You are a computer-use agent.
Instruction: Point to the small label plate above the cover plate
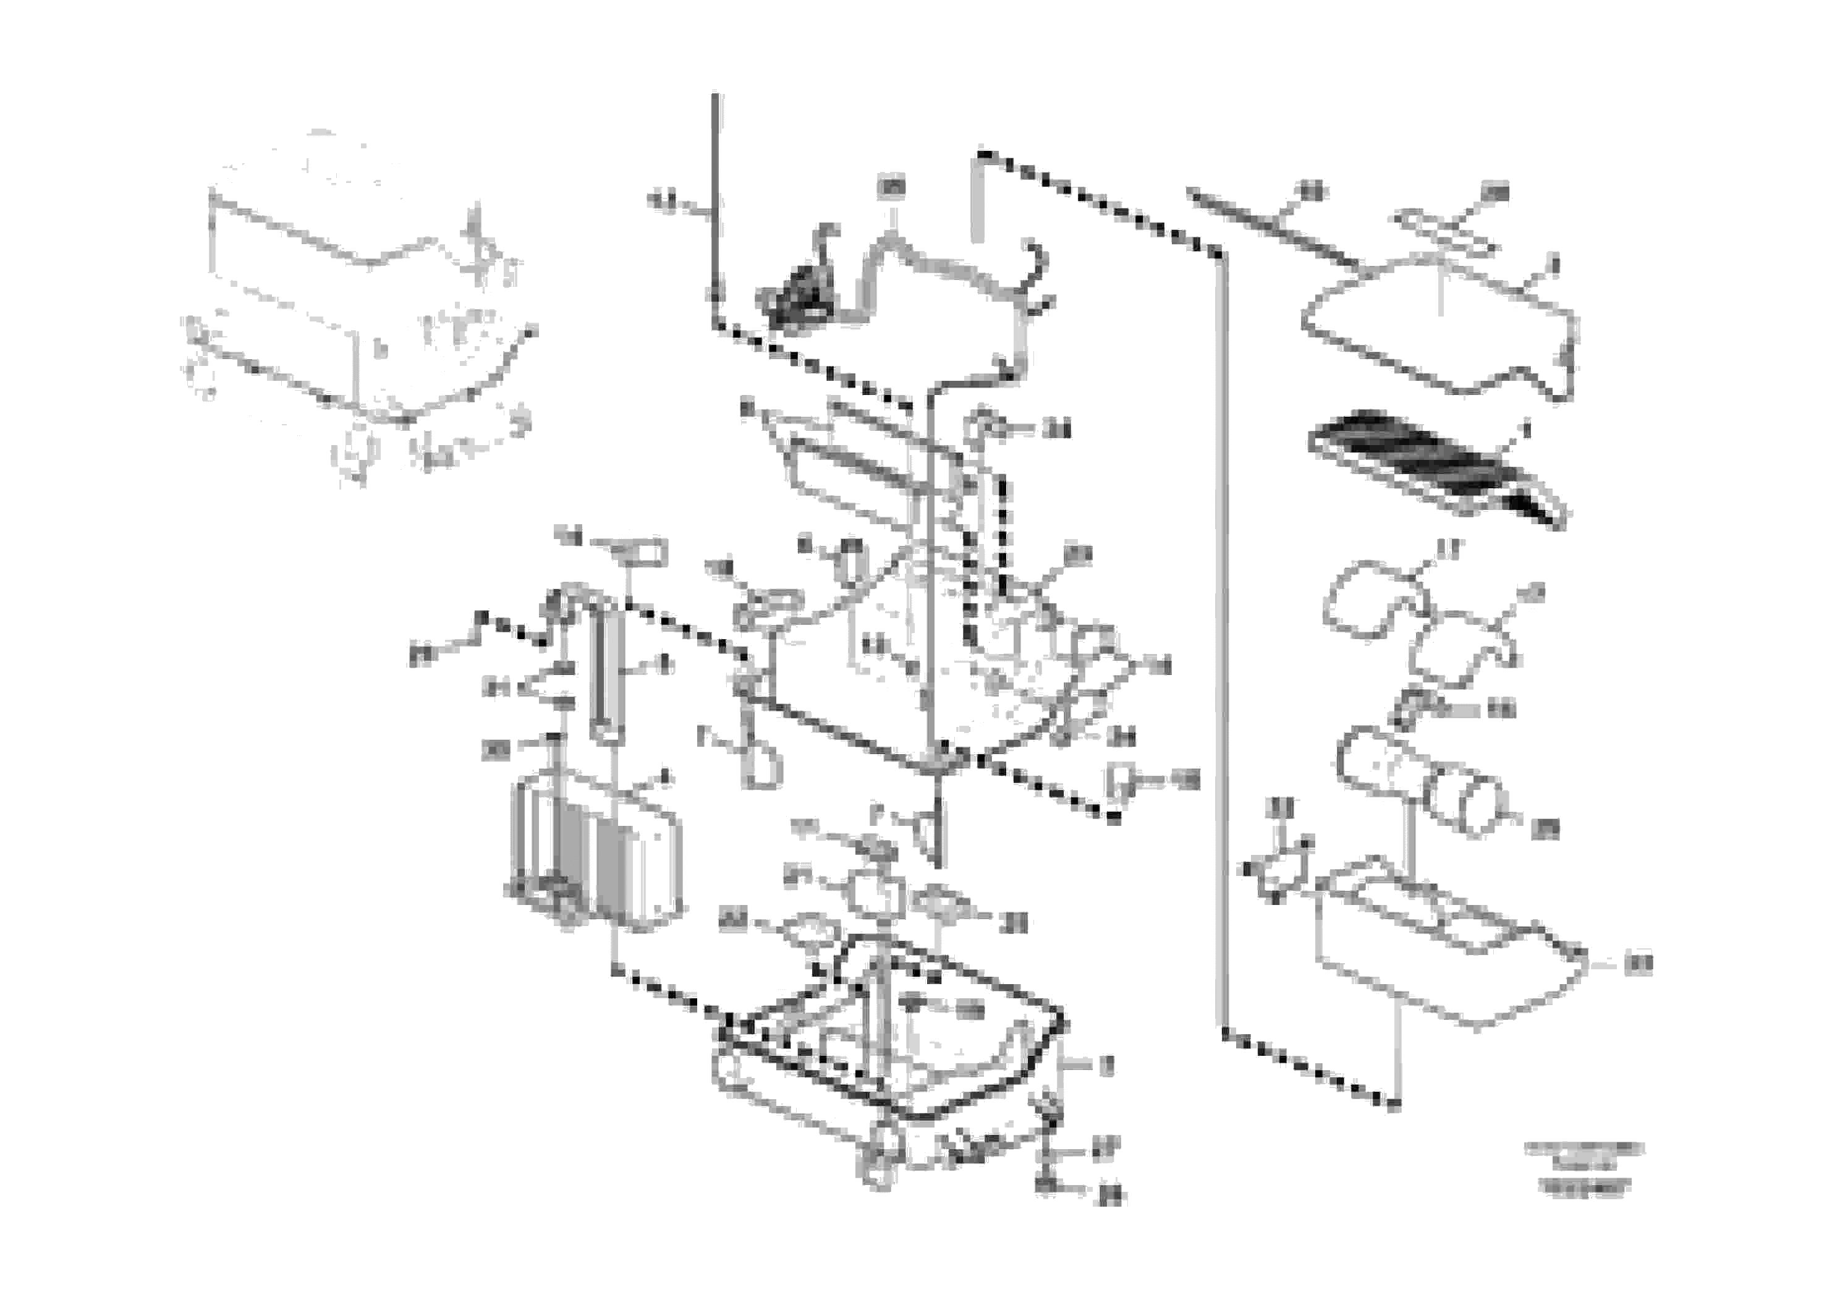pos(1443,229)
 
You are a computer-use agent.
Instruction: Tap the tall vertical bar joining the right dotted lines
pos(1222,641)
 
